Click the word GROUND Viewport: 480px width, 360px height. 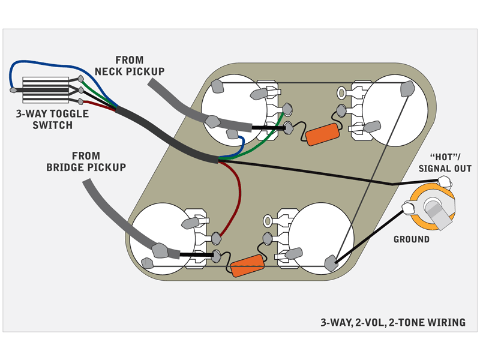click(411, 239)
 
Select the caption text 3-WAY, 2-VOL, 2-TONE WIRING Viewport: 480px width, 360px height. click(393, 322)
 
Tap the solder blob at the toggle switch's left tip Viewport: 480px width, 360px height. click(13, 91)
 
